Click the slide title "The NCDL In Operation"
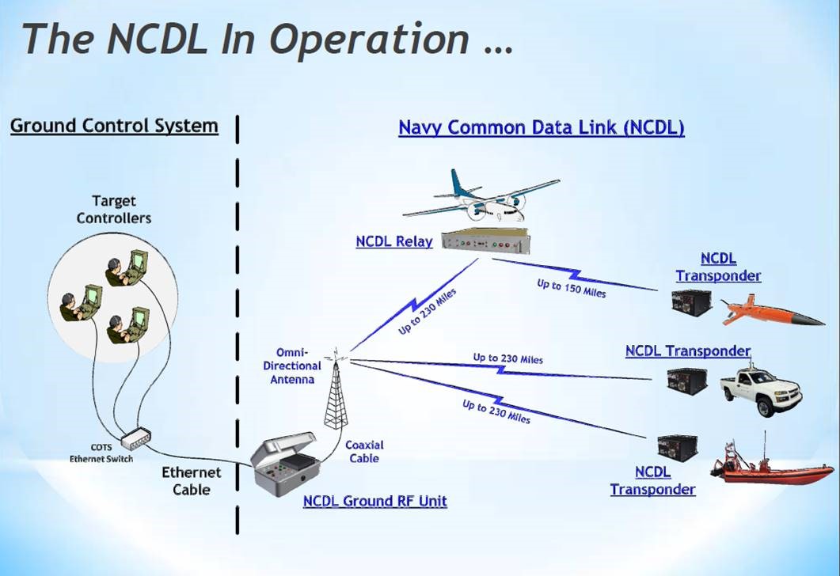[268, 38]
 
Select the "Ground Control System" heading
[114, 126]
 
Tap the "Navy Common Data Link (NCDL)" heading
[541, 127]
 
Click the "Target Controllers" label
[114, 210]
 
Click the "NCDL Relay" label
[394, 241]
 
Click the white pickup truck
[760, 390]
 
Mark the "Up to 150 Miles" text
[571, 289]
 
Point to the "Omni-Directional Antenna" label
[298, 366]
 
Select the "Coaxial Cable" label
[363, 451]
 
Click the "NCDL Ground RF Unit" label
[374, 501]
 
